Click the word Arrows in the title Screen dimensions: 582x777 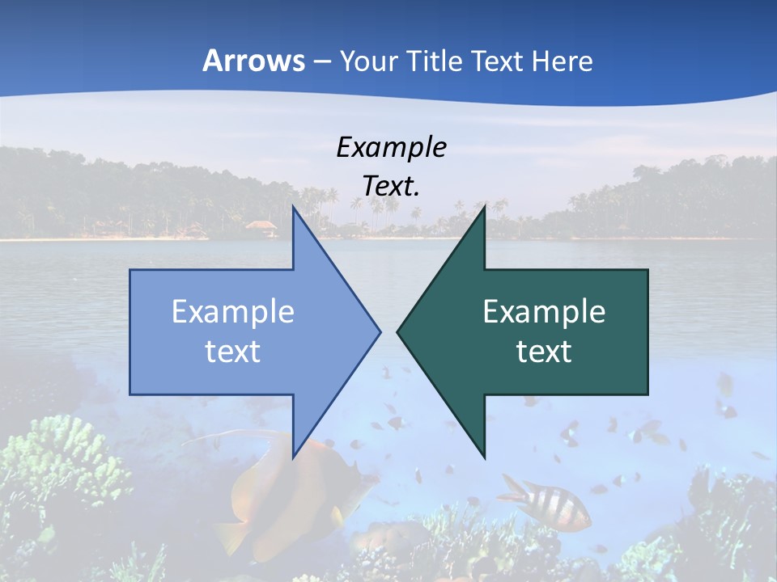pyautogui.click(x=253, y=61)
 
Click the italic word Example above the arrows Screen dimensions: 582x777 pyautogui.click(x=391, y=147)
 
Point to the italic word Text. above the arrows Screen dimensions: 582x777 pyautogui.click(x=391, y=186)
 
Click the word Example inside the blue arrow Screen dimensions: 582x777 pyautogui.click(x=233, y=311)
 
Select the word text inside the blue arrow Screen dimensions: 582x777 pyautogui.click(x=233, y=351)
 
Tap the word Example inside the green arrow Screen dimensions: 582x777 pyautogui.click(x=544, y=311)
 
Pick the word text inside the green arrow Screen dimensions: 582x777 pyautogui.click(x=544, y=351)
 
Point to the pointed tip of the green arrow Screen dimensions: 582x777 pyautogui.click(x=398, y=331)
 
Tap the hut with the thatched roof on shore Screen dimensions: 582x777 pyautogui.click(x=261, y=227)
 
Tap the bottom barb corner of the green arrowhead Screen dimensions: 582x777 pyautogui.click(x=484, y=456)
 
